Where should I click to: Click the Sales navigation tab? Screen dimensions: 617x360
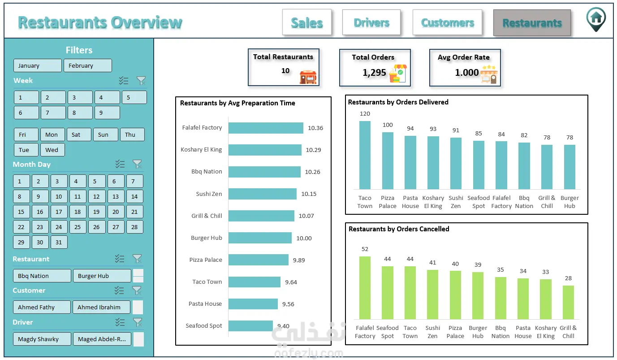tap(306, 22)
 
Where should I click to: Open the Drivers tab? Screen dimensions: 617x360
tap(371, 22)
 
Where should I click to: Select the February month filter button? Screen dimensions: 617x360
tap(87, 65)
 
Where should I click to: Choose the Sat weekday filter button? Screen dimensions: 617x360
tap(79, 134)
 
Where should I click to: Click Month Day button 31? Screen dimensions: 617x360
tap(59, 242)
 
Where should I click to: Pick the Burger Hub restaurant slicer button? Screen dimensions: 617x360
tap(102, 276)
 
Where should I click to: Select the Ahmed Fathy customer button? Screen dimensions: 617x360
tap(42, 307)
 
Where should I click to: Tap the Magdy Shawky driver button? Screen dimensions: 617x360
tap(42, 339)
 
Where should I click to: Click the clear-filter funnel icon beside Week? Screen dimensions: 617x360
tap(141, 81)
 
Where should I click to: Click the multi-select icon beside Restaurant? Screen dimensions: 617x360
tap(120, 259)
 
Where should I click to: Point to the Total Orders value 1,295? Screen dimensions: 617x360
tap(374, 73)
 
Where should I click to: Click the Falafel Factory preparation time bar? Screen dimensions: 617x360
tap(266, 128)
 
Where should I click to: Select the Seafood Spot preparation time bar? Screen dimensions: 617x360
tap(250, 326)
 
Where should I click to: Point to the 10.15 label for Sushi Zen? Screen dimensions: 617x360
tap(309, 194)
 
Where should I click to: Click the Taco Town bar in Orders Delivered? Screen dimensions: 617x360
tap(365, 155)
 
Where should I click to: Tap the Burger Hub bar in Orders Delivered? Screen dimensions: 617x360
tap(570, 167)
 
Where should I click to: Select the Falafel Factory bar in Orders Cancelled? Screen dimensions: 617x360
tap(365, 288)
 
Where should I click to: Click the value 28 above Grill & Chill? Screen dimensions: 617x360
tap(568, 278)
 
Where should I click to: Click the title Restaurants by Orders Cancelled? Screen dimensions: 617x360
tap(399, 229)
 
